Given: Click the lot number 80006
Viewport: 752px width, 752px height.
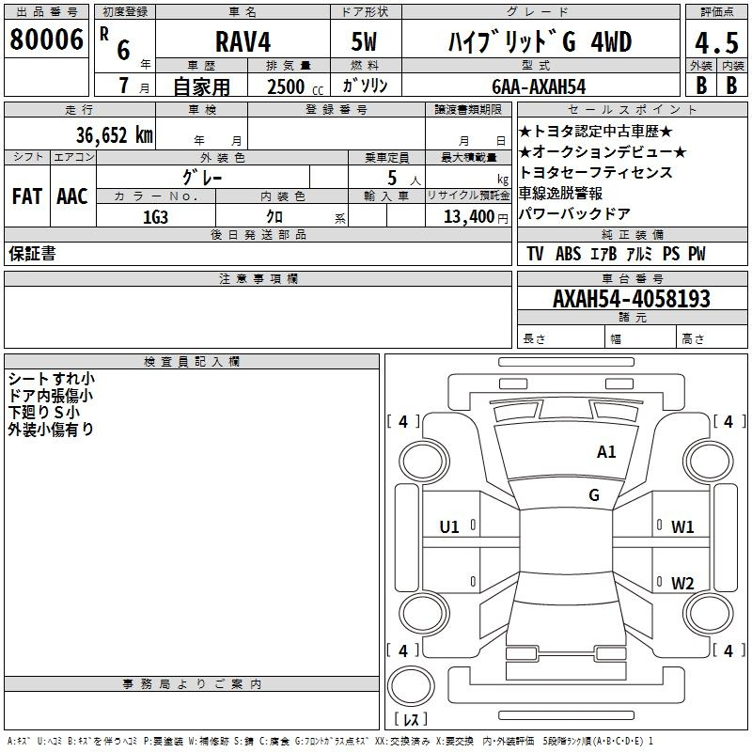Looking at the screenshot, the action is pos(46,39).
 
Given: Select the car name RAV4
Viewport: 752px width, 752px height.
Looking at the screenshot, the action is pos(243,41).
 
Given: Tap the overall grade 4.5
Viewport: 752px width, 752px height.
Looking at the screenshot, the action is pos(716,43).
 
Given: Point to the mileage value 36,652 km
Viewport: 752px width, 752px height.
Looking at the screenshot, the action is pos(115,135).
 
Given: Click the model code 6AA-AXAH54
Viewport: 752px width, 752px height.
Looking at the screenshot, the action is pos(539,86).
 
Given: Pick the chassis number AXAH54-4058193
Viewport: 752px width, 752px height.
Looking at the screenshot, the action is pos(632,299).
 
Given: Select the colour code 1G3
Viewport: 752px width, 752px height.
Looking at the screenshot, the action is pos(155,217).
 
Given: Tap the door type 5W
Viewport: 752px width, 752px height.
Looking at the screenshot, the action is pos(364,41).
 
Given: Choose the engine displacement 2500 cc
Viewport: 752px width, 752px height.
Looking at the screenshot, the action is pos(295,87).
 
